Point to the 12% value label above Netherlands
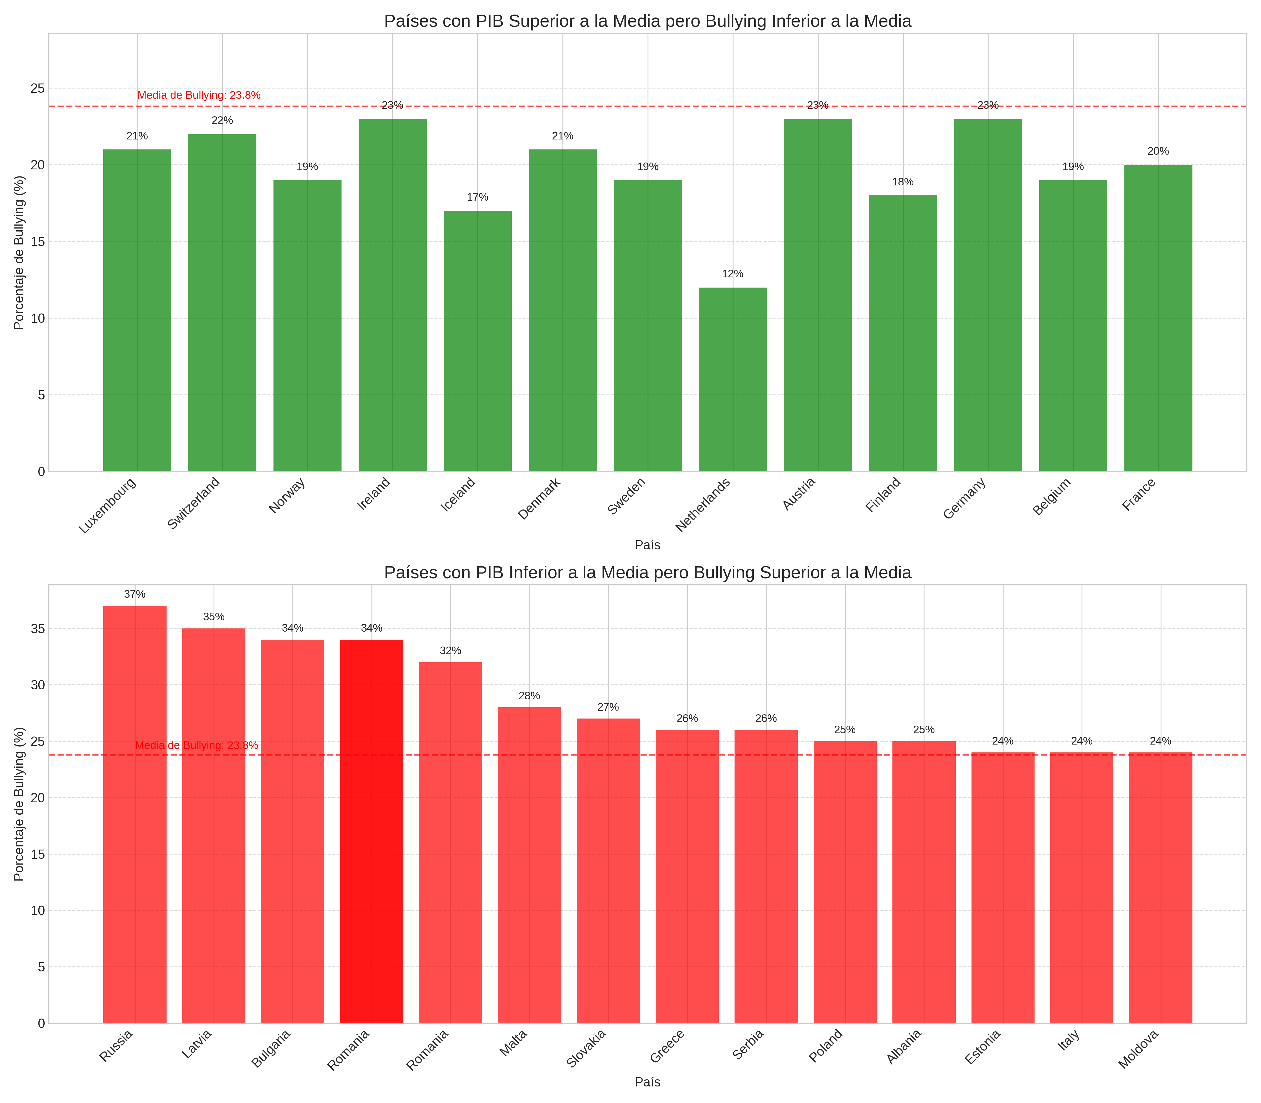pyautogui.click(x=733, y=274)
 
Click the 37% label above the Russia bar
pyautogui.click(x=135, y=595)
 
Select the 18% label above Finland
pyautogui.click(x=903, y=182)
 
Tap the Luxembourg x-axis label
pyautogui.click(x=108, y=505)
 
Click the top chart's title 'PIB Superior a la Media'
pyautogui.click(x=647, y=22)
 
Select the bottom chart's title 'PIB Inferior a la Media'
pyautogui.click(x=647, y=573)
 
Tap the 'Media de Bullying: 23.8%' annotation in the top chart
pyautogui.click(x=199, y=95)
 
